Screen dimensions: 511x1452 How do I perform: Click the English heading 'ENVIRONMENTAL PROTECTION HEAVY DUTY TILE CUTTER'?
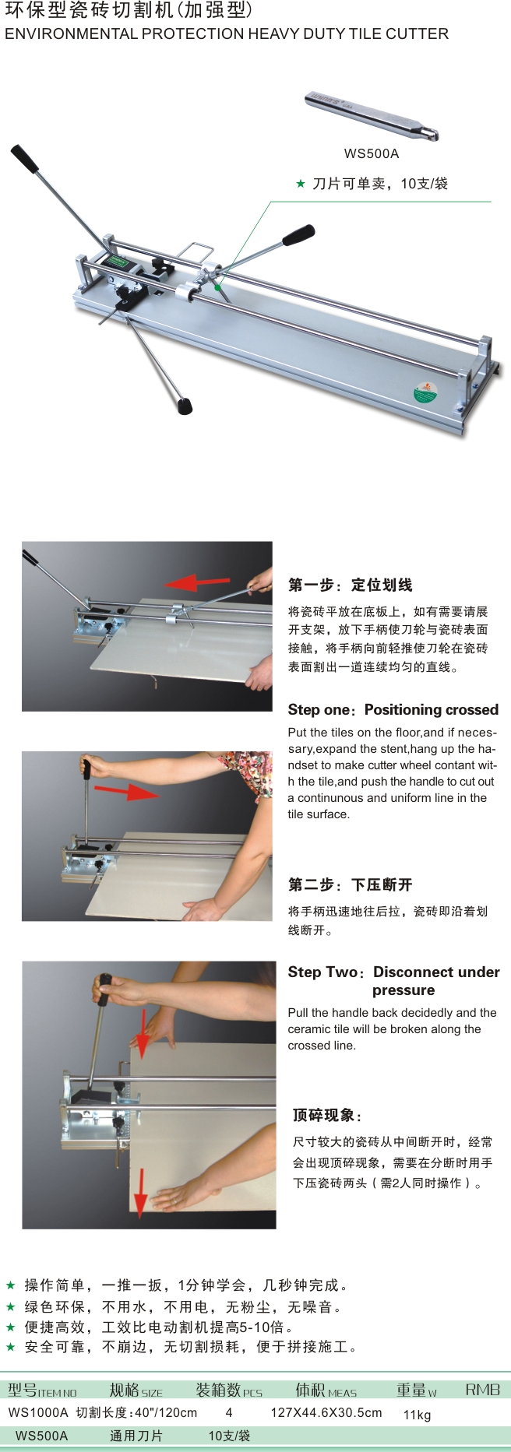click(x=227, y=34)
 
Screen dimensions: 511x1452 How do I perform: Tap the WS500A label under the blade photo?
click(x=372, y=153)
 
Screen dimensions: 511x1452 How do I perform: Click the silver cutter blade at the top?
click(x=371, y=115)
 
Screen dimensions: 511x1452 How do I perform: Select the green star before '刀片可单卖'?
click(x=301, y=184)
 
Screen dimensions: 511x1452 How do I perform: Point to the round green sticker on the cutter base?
click(x=425, y=391)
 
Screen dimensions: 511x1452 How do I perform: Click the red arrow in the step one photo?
click(x=196, y=582)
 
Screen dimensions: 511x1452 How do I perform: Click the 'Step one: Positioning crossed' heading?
click(x=393, y=709)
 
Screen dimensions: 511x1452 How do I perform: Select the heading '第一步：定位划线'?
click(x=351, y=585)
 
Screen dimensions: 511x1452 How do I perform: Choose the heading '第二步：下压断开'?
click(x=351, y=884)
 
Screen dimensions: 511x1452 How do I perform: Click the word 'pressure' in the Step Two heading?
click(x=404, y=990)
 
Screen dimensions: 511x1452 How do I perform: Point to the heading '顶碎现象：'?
click(x=327, y=1115)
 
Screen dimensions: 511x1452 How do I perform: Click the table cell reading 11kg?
click(x=417, y=1415)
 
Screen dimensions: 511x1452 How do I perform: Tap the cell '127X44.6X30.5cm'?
click(x=326, y=1412)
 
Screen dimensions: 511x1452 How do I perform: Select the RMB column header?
click(x=482, y=1390)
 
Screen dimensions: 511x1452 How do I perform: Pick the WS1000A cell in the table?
click(x=38, y=1412)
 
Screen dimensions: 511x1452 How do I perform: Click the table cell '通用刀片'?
click(x=136, y=1436)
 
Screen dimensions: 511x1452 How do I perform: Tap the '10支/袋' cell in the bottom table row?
click(x=229, y=1436)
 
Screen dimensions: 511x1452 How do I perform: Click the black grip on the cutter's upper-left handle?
click(x=24, y=159)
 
